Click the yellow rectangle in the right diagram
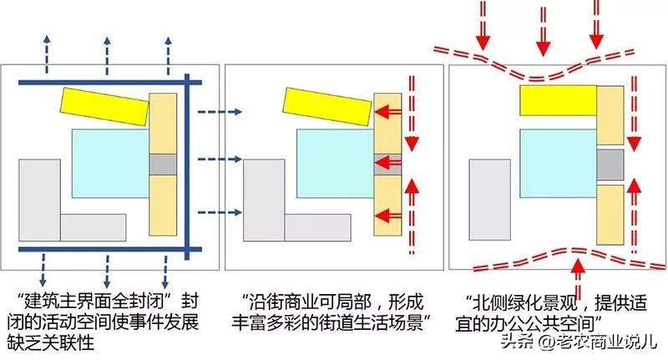pos(557,99)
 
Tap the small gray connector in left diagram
pos(163,165)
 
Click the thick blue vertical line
pos(188,167)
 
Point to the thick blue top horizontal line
pos(100,82)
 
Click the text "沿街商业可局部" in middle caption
pos(311,298)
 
